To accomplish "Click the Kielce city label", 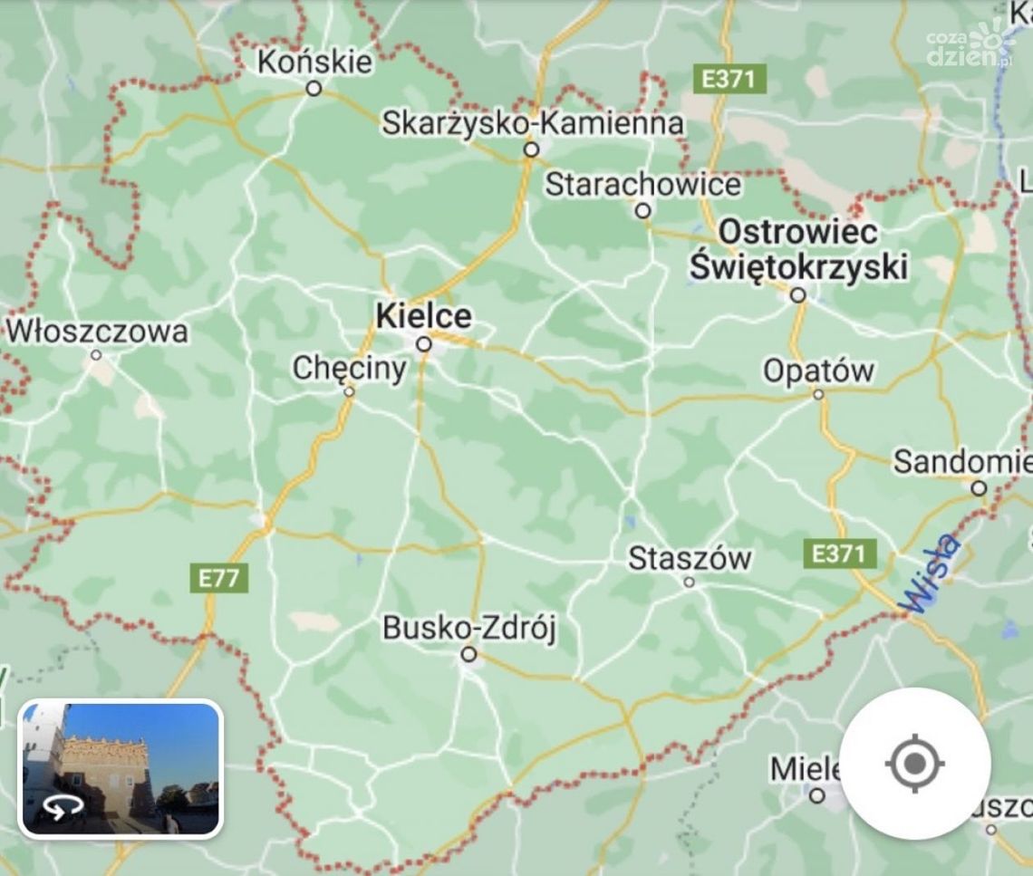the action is (423, 316).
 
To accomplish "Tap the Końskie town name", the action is (314, 62).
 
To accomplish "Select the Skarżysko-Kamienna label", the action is (532, 122).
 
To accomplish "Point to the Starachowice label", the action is (642, 185).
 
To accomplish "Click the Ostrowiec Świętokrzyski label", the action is (797, 249).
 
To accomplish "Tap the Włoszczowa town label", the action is (98, 331).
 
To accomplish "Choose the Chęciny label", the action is (349, 369).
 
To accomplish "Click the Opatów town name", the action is (818, 371).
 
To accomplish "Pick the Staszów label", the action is (690, 558).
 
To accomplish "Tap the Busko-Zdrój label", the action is (468, 627).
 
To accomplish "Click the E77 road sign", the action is (218, 578).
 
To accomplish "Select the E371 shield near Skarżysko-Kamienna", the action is (729, 79).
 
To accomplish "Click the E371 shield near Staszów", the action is (838, 553).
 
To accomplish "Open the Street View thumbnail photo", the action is (120, 769).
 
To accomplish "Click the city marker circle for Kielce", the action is (423, 344).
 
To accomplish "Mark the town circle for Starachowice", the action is (642, 211).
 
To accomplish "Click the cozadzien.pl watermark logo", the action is (979, 45).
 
